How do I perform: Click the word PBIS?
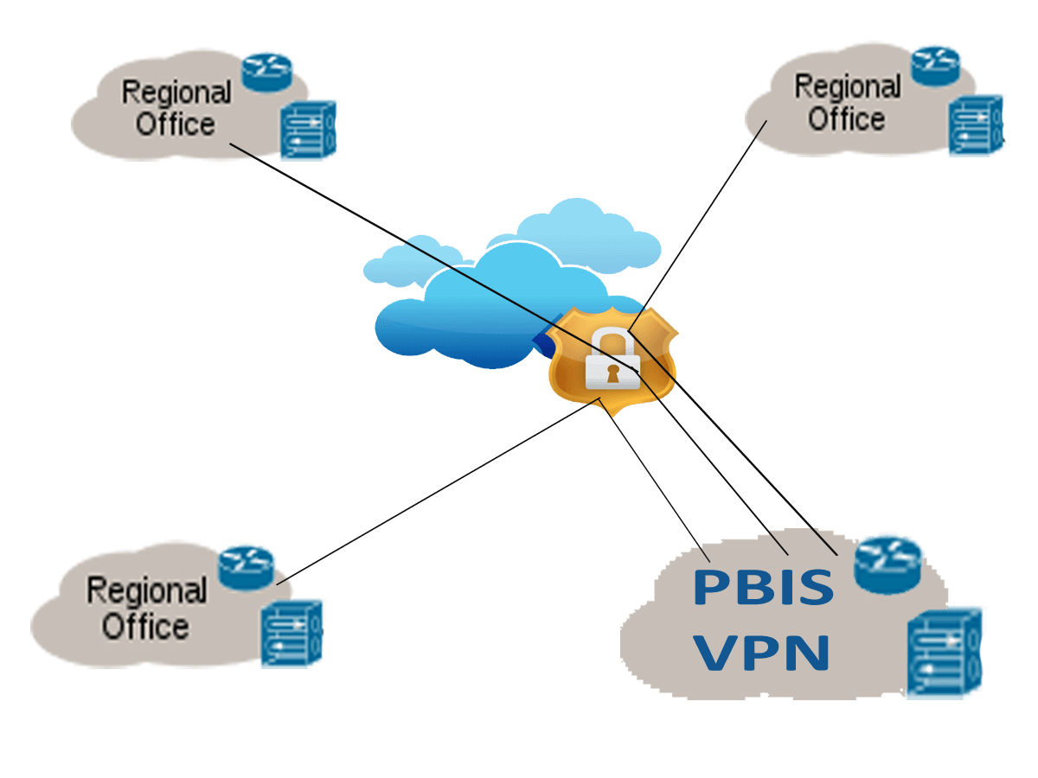[763, 587]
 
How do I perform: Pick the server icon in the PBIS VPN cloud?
[945, 652]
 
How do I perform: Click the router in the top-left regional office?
[268, 72]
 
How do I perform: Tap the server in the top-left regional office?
[308, 130]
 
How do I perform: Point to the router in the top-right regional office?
[937, 64]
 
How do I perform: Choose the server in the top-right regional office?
[977, 124]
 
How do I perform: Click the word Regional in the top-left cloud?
[176, 92]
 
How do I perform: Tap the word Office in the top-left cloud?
[176, 124]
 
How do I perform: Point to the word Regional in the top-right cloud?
[847, 87]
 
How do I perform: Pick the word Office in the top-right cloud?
[846, 118]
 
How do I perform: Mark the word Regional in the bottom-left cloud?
[146, 592]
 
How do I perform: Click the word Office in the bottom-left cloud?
[145, 626]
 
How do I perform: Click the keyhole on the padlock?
[612, 373]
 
